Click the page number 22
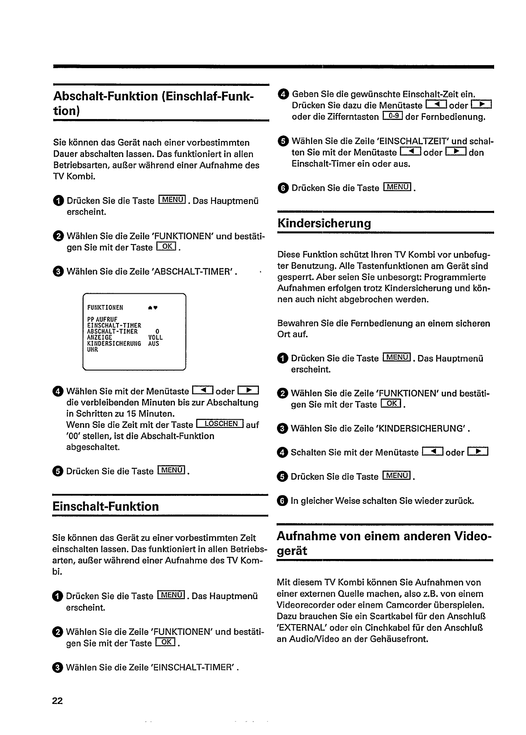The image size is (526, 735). tap(57, 701)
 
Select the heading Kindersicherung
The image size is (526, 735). tap(324, 223)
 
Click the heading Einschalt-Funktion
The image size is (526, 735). tap(106, 506)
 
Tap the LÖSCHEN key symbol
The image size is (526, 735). tap(220, 424)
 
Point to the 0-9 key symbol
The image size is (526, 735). tap(392, 116)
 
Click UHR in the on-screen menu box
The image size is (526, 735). tap(93, 350)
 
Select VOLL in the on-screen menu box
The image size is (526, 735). tap(155, 338)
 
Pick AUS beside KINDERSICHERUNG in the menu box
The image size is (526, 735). tap(153, 344)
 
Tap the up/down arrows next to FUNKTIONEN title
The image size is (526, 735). tap(151, 308)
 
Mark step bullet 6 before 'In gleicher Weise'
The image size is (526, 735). tap(282, 501)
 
